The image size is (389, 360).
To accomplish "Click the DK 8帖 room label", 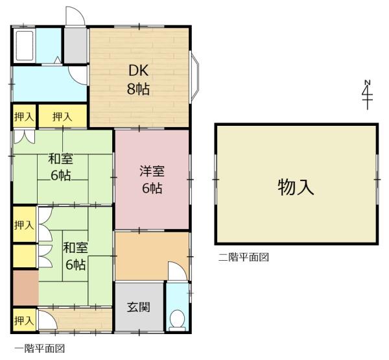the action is click(x=139, y=79).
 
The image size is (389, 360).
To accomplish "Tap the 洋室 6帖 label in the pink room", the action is click(x=152, y=179).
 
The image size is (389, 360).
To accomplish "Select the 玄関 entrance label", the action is click(x=139, y=307).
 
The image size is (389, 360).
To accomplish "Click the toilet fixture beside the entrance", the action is click(x=177, y=320).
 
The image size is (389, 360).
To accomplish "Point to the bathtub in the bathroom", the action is click(x=25, y=45).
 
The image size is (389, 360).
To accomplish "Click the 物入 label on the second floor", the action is click(x=296, y=187).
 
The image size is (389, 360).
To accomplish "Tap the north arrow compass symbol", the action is click(x=368, y=95).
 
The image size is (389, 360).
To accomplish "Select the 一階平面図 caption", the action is click(x=40, y=348).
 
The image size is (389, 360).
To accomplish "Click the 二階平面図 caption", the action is click(x=244, y=257).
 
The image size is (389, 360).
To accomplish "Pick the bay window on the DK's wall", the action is click(x=194, y=77).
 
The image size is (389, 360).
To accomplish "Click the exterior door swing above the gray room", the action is click(x=75, y=16).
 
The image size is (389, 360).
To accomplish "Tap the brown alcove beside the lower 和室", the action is click(x=25, y=288).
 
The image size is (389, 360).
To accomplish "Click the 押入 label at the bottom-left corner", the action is click(x=24, y=320).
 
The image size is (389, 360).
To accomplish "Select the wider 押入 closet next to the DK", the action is click(x=62, y=116).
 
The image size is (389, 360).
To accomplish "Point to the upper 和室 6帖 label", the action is click(x=61, y=167).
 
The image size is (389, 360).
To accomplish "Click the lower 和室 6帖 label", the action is click(x=75, y=256).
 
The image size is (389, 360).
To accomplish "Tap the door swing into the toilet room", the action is click(x=177, y=271).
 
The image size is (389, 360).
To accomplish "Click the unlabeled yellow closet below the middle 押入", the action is click(x=25, y=256).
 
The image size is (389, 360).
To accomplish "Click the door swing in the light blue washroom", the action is click(x=78, y=75).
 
